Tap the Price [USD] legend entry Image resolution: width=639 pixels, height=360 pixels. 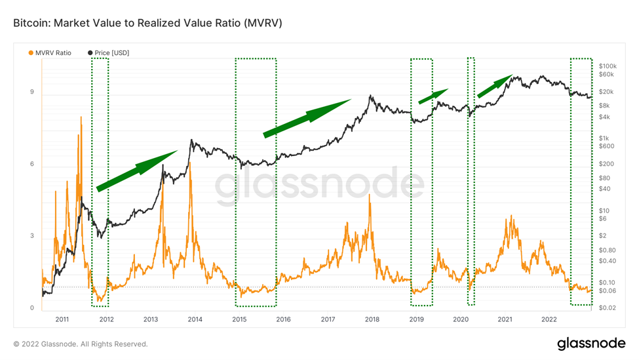[108, 52]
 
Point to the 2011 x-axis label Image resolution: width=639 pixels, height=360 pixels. [62, 319]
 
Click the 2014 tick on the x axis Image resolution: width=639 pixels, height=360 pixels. [195, 319]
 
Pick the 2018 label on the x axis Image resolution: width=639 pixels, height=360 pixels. [372, 319]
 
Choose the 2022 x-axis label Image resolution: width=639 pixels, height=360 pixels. [549, 319]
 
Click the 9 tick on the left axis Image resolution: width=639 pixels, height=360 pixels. [31, 92]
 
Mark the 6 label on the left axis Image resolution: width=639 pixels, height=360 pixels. [31, 165]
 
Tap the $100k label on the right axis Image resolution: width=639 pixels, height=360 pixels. [609, 66]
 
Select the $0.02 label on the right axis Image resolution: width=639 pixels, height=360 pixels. [609, 308]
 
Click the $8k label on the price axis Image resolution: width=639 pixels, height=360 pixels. [606, 105]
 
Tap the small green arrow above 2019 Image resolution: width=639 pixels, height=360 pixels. [433, 96]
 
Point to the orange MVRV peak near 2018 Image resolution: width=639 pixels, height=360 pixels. [370, 200]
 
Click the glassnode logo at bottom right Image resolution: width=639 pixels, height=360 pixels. [587, 344]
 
